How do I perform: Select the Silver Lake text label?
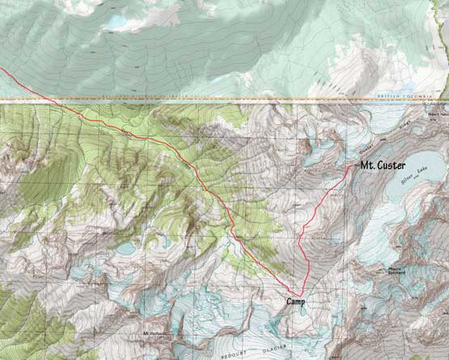pyautogui.click(x=414, y=178)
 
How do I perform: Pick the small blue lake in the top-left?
pyautogui.click(x=115, y=21)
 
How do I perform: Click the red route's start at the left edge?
pyautogui.click(x=2, y=70)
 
